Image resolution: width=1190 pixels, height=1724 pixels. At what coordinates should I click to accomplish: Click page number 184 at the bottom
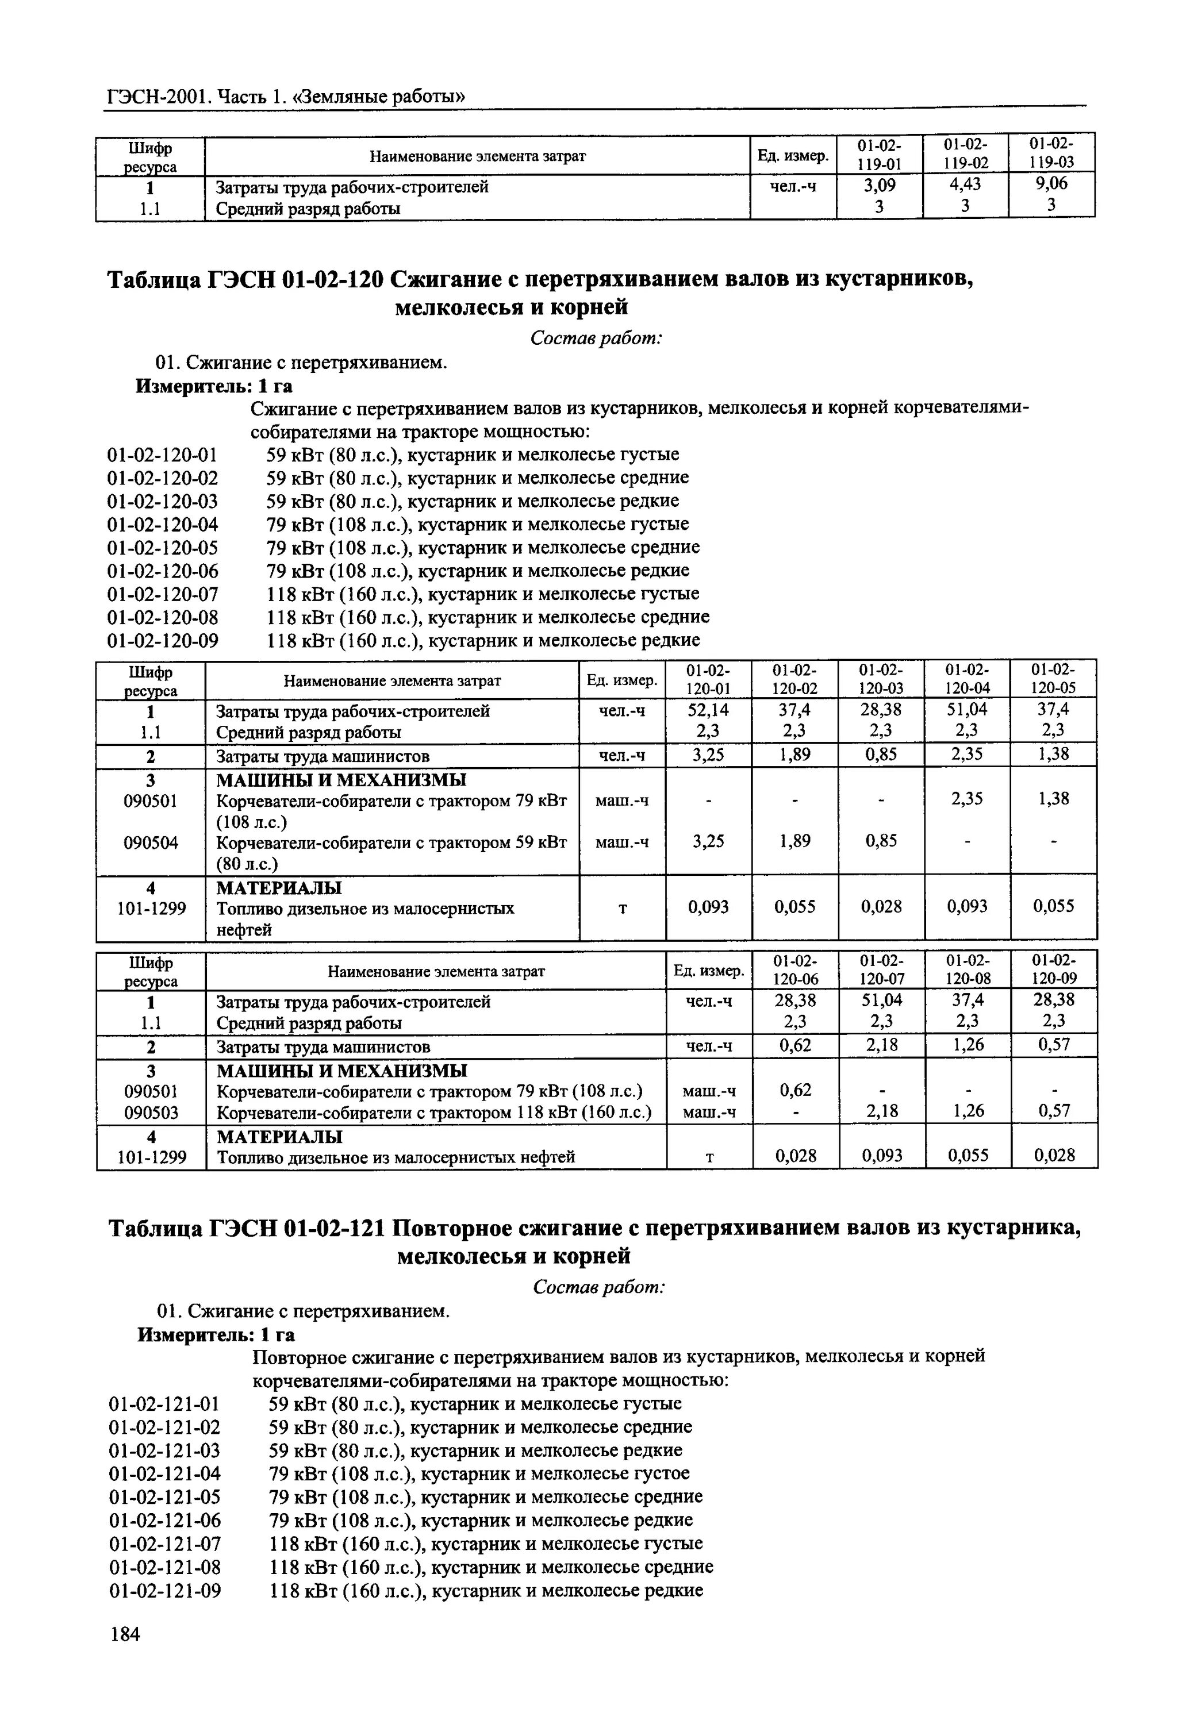coord(125,1634)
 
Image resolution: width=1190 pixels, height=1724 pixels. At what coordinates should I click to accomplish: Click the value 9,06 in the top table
coord(1051,183)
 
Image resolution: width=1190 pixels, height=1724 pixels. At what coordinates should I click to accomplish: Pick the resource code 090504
coord(151,842)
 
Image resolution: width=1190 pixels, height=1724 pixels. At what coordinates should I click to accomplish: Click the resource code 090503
coord(151,1112)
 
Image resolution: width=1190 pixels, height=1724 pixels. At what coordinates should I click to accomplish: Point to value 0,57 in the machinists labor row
coord(1054,1045)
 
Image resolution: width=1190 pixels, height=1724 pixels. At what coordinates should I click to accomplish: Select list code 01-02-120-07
coord(163,594)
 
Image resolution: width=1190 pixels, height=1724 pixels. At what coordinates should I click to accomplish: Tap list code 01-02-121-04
coord(165,1473)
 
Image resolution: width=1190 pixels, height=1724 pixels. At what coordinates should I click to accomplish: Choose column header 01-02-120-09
coord(1054,969)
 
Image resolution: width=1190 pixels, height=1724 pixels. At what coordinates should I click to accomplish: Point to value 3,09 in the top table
coord(879,183)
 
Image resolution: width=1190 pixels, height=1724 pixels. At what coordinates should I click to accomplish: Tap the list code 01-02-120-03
coord(163,501)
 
